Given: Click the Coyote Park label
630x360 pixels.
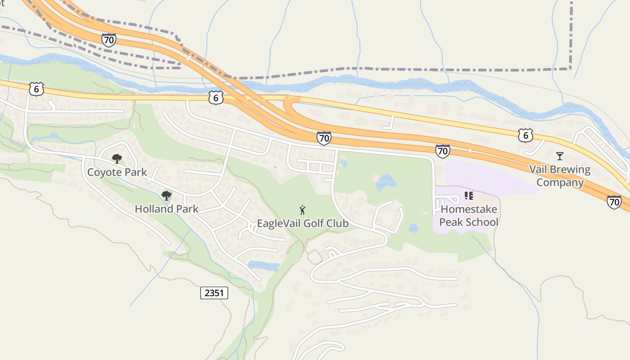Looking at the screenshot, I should click(117, 172).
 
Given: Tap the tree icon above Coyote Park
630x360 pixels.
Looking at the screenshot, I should click(117, 158).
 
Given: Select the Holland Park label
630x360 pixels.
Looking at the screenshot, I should click(166, 209).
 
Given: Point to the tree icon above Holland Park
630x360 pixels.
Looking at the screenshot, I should click(166, 195).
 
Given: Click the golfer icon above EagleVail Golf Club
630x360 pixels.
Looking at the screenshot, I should click(302, 210).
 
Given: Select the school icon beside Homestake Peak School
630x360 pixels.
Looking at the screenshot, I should click(468, 196).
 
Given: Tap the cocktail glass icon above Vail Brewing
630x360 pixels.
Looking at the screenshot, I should click(559, 156).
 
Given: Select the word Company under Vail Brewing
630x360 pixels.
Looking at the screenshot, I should click(560, 183).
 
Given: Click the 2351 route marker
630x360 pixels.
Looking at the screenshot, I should click(214, 293).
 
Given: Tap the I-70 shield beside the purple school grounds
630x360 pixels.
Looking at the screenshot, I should click(443, 151).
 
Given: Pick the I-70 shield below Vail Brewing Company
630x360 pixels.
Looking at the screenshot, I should click(614, 202).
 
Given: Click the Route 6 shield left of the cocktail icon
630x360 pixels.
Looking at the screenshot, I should click(525, 135).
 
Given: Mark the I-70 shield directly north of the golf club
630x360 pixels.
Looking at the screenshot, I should click(324, 138).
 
